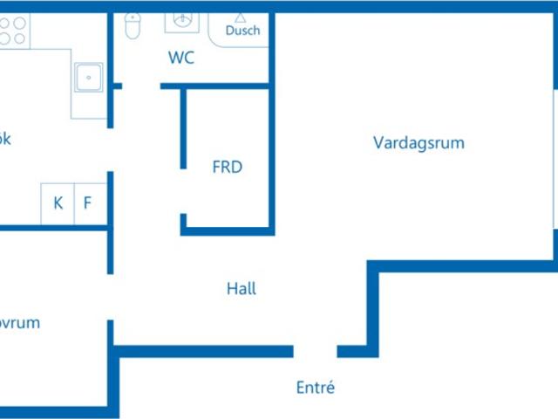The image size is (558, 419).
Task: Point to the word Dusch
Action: pos(242,31)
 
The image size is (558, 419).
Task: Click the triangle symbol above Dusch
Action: pos(241,17)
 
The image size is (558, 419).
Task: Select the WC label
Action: pos(181,58)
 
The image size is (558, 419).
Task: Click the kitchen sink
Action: pos(88,78)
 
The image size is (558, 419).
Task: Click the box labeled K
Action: pos(58,203)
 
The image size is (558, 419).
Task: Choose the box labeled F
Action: pos(87,203)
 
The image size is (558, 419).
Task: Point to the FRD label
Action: pos(228,167)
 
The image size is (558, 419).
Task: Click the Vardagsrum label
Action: pos(418,142)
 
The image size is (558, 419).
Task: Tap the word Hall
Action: pos(242,288)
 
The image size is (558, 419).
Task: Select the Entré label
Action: pos(316,388)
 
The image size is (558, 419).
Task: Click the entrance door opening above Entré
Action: pos(315,352)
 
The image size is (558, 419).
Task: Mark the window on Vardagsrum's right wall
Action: pos(555,157)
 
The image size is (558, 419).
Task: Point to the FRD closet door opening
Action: pos(183,191)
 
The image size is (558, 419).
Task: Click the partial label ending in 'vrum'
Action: pos(19,323)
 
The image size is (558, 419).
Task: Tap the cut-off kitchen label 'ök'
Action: pos(5,139)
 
